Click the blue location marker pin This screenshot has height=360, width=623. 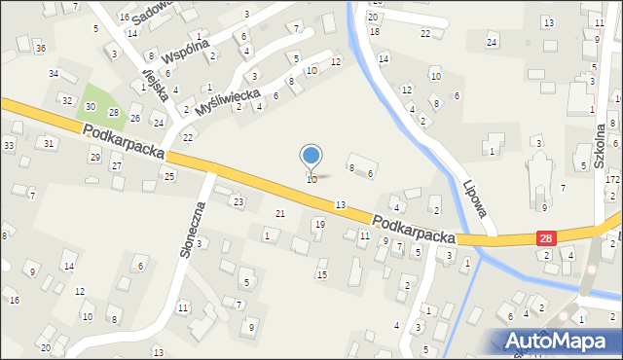[x=311, y=156]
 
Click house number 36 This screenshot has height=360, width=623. [x=40, y=48]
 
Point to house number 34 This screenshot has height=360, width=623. [x=55, y=74]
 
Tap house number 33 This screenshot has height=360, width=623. [x=9, y=146]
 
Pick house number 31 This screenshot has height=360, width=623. [x=49, y=143]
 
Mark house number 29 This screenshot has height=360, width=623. [x=94, y=157]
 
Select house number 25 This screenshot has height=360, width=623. [x=169, y=176]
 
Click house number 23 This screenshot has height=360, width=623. [x=238, y=201]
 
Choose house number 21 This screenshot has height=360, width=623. [x=280, y=213]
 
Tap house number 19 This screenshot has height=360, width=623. [x=319, y=225]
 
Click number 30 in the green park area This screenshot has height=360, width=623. [x=91, y=106]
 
